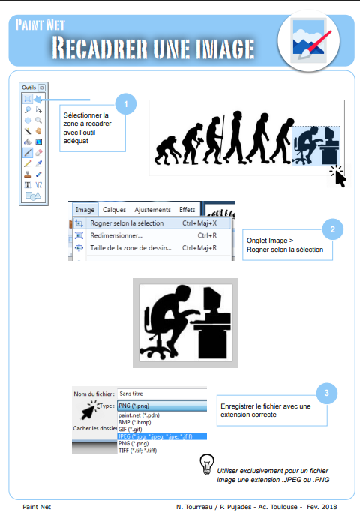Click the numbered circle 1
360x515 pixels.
126,104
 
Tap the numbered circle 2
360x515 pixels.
333,229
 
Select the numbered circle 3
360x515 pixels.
327,393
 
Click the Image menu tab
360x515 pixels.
85,210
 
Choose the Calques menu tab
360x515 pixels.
114,210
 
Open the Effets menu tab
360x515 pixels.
187,210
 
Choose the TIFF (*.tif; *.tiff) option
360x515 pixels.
138,451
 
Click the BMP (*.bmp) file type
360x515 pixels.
135,422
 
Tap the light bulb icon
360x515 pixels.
207,465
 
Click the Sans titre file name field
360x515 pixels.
162,394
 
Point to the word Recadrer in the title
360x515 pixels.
100,48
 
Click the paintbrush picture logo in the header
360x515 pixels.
308,41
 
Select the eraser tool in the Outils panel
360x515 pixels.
38,153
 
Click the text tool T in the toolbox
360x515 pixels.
28,185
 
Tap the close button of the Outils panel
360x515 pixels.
42,88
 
